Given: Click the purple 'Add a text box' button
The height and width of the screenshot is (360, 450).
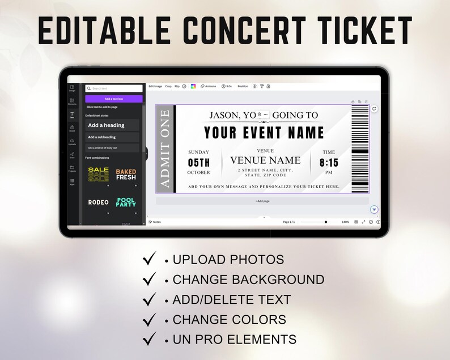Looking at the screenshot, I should point(114,99).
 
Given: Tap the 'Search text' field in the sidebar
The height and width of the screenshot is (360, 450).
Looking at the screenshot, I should point(114,88).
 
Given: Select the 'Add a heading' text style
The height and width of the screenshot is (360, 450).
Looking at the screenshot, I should point(112,125).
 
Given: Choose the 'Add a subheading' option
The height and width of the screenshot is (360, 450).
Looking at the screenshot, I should point(112,137).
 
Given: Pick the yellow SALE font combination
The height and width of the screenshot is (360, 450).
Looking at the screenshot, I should point(98,175).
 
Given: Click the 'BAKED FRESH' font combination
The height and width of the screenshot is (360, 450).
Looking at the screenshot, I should point(126,175).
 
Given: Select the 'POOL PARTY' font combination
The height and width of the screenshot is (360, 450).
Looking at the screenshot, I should point(126,202).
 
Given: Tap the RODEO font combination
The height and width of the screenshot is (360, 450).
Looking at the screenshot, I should point(98,202).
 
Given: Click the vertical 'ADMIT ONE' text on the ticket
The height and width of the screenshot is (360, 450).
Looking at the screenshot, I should point(165,149).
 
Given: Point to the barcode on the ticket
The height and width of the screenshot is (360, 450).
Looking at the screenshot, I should point(359,149).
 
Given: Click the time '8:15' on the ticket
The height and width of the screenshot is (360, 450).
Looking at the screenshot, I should point(329,163).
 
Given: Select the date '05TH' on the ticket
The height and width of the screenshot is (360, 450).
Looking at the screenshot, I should point(199,163).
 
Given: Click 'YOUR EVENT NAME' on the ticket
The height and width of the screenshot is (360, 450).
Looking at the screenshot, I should point(264,133).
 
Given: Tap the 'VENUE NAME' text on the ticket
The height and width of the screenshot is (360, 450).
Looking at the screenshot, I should point(265,160).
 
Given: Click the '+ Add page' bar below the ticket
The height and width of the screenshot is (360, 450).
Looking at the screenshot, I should point(262,201).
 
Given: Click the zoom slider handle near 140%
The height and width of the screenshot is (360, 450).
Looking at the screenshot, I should point(326,222).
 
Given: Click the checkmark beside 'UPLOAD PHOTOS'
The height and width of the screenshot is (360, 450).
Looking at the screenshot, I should point(150,260).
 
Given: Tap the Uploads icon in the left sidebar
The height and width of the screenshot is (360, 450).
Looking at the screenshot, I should point(72,141).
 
